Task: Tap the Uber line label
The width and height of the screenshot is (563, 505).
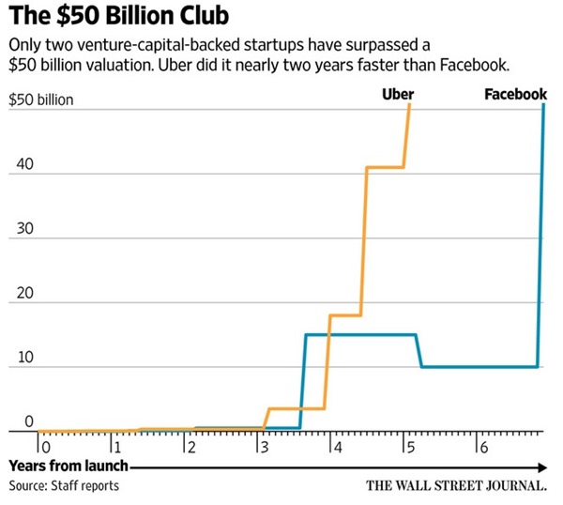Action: pos(399,95)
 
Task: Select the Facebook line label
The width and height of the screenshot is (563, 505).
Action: pos(516,95)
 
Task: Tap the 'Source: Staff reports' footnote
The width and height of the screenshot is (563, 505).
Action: pos(64,485)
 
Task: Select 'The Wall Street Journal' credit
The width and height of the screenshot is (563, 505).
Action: pos(457,486)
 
